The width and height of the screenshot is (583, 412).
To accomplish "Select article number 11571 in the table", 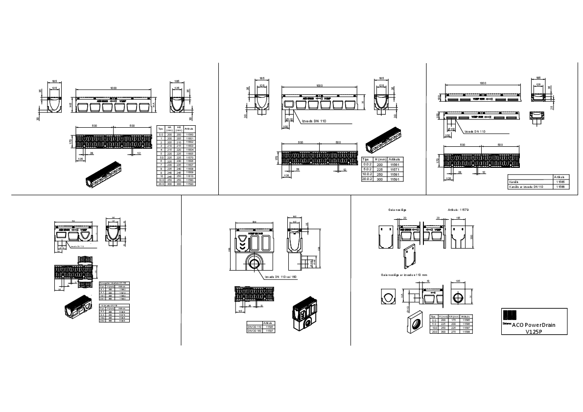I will [394, 169].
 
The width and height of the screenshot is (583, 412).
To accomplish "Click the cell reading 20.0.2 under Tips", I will [367, 180].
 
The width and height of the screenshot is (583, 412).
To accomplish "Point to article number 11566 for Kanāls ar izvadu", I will [560, 186].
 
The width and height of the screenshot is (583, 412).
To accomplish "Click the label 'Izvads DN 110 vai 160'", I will [280, 277].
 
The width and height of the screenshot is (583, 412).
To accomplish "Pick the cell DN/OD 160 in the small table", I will [253, 331].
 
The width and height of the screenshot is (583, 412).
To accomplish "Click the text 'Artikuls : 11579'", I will [458, 209].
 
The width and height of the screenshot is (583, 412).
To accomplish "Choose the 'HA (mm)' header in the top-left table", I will [169, 129].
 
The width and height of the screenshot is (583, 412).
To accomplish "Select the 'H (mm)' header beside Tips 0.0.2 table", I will [381, 160].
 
